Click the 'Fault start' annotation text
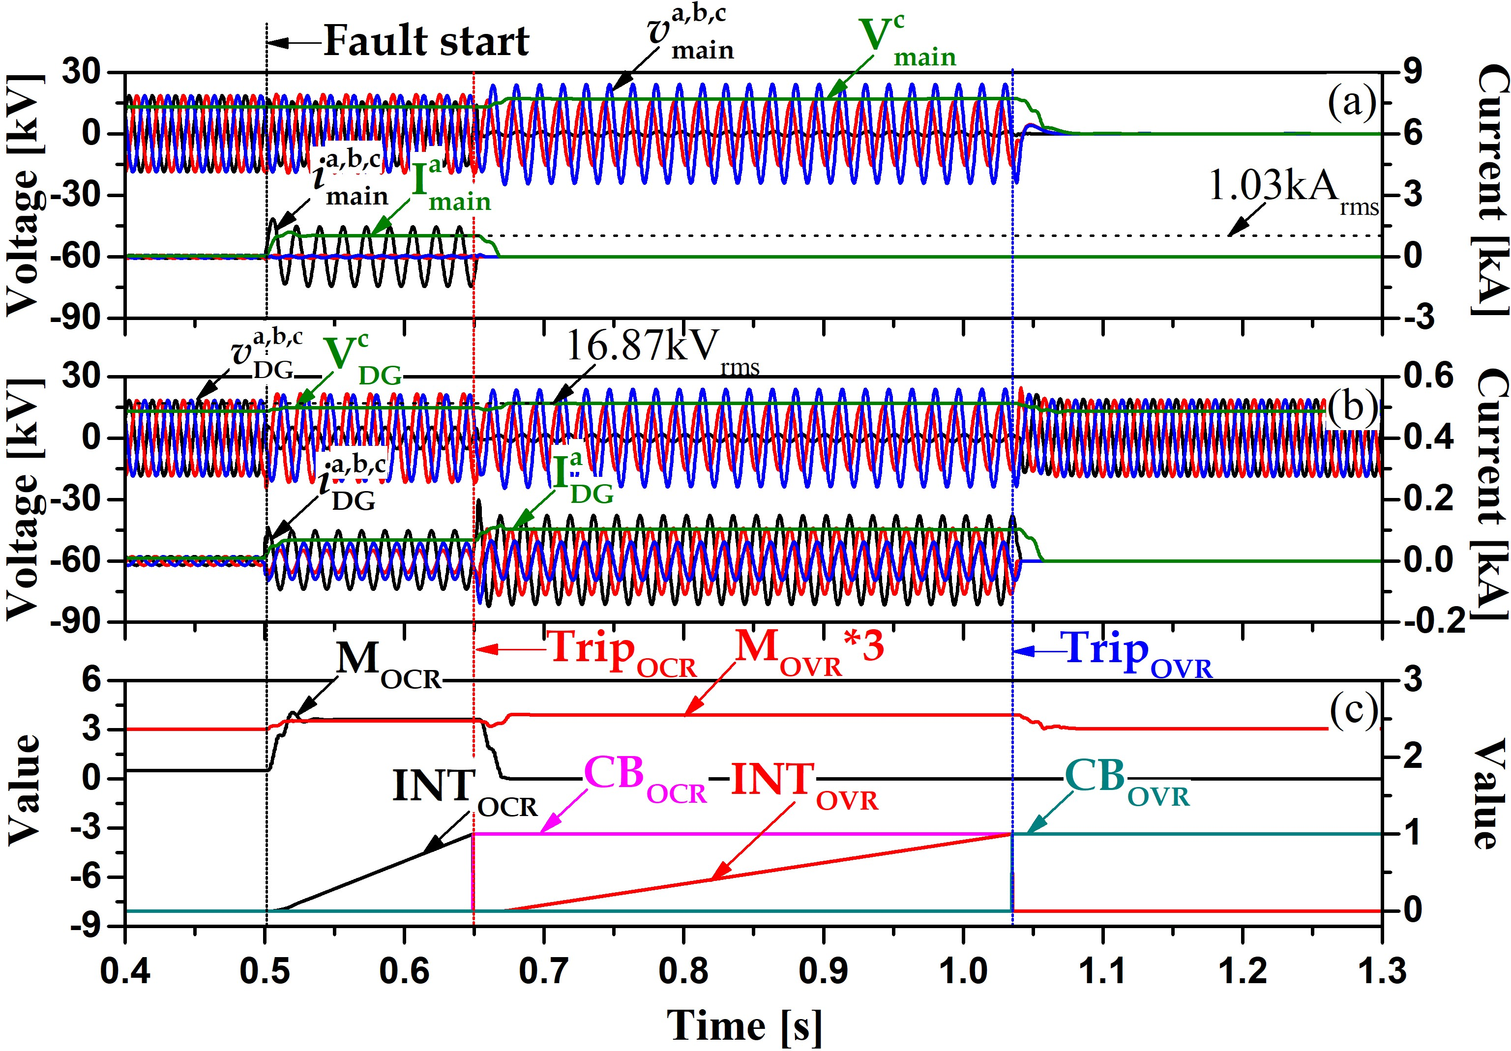tap(426, 41)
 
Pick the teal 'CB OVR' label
tap(1126, 780)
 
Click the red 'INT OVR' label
tap(803, 784)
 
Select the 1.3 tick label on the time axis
tap(1381, 971)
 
